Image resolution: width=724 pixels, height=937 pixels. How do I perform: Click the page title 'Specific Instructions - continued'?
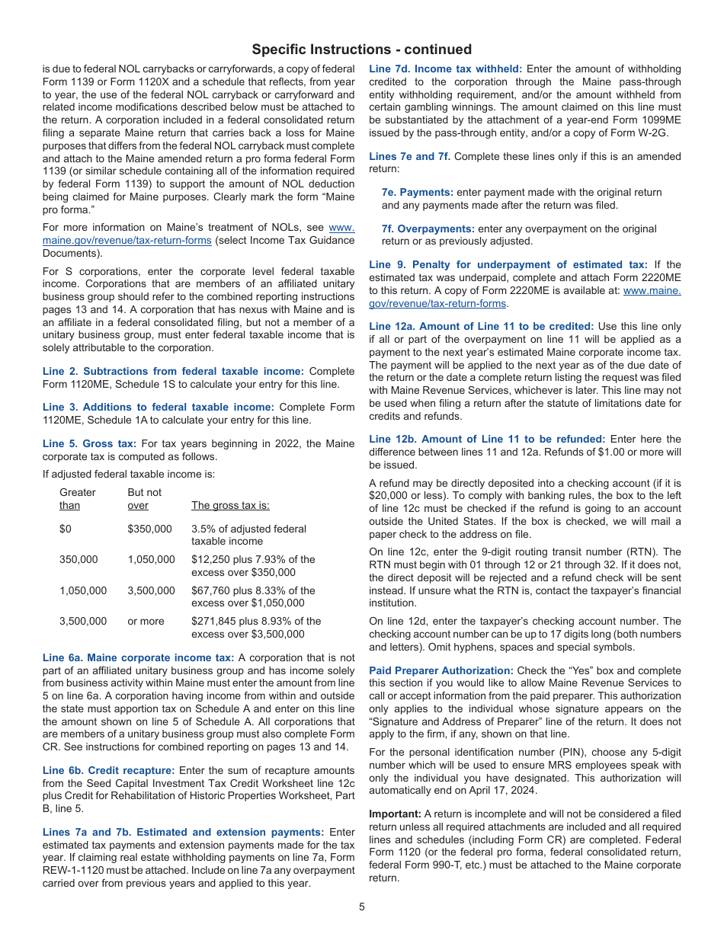(362, 50)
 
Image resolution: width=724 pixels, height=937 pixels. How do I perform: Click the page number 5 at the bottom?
(362, 907)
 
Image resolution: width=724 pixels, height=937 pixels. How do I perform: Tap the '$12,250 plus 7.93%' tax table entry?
(253, 559)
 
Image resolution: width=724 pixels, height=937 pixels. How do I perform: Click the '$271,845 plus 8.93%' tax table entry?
(256, 621)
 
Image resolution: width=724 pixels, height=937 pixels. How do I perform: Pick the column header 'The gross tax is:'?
(230, 505)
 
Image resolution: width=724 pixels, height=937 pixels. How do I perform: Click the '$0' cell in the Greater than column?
(66, 529)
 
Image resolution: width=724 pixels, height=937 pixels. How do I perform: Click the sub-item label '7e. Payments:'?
(417, 192)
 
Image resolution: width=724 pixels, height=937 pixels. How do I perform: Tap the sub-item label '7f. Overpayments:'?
(428, 229)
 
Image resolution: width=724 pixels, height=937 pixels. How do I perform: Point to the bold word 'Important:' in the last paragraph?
(395, 814)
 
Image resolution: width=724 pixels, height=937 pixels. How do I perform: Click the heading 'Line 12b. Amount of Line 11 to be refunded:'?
(487, 439)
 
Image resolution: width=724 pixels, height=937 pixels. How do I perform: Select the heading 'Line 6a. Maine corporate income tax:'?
(139, 657)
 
